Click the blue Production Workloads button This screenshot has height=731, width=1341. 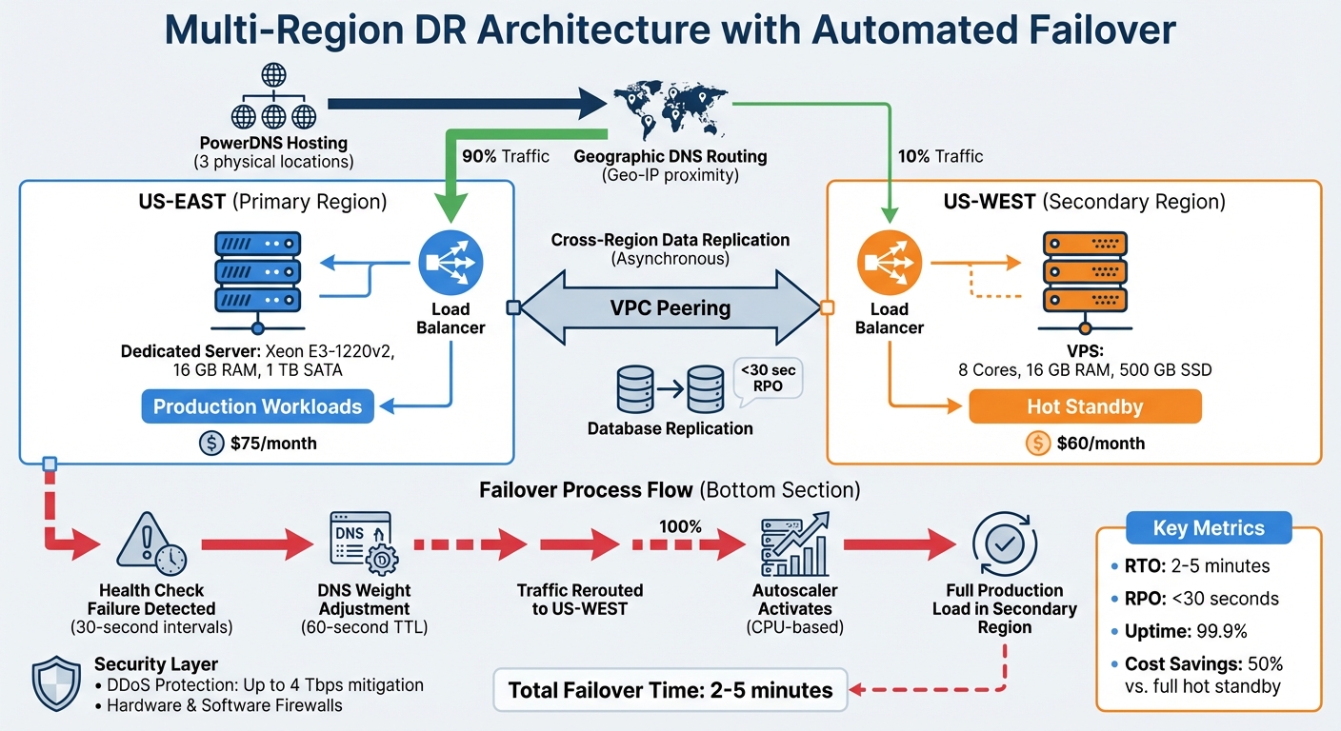(257, 406)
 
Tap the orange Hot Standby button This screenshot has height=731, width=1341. (1085, 406)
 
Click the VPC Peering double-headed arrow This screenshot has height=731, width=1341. (670, 307)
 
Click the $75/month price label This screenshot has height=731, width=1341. (260, 443)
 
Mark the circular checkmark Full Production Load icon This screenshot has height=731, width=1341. (1004, 543)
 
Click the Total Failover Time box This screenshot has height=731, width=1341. (670, 690)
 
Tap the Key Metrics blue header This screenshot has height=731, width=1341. (1208, 528)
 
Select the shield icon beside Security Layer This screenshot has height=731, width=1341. (56, 682)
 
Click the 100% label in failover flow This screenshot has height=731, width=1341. (680, 526)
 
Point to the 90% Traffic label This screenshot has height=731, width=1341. (505, 156)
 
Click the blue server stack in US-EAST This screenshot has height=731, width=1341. (257, 273)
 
